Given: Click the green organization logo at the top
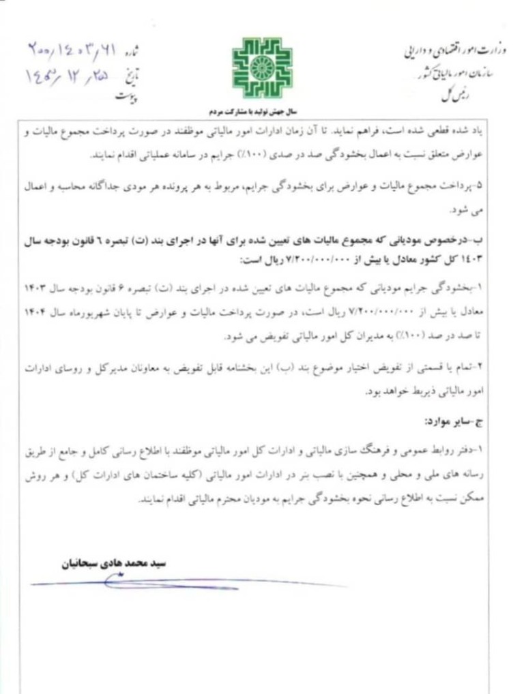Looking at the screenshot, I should [261, 68].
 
